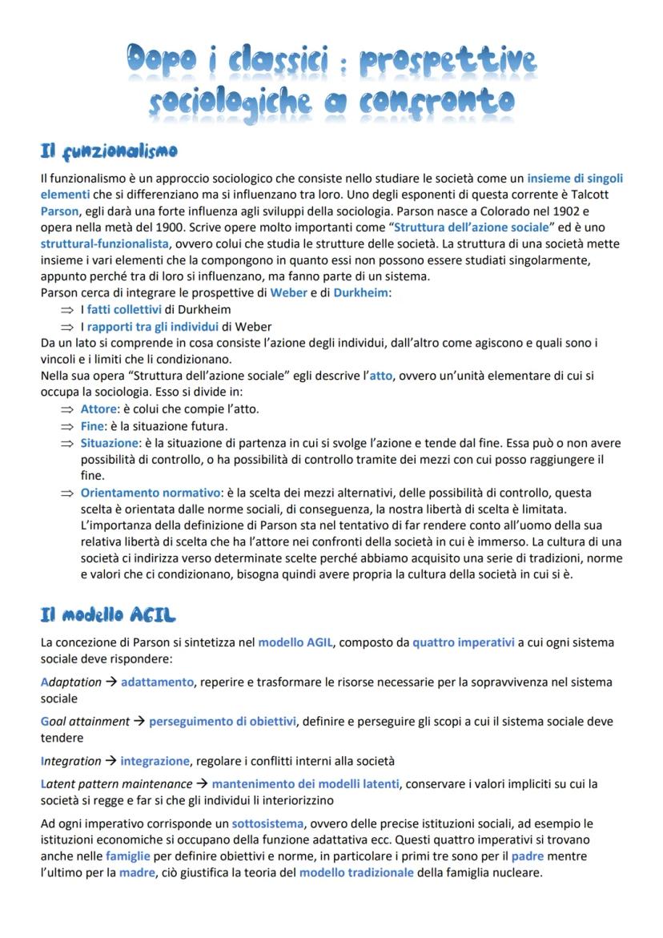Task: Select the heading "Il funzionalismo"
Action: click(x=109, y=151)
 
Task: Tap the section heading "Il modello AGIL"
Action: click(x=108, y=614)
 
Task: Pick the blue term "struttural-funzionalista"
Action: click(x=105, y=244)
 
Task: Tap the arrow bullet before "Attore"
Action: click(x=66, y=409)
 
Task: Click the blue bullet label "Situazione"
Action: click(x=106, y=443)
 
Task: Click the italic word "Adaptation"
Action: click(x=71, y=682)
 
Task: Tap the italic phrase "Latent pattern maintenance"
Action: click(x=117, y=784)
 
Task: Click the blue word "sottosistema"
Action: click(x=267, y=823)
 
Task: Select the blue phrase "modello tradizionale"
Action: click(x=356, y=873)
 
